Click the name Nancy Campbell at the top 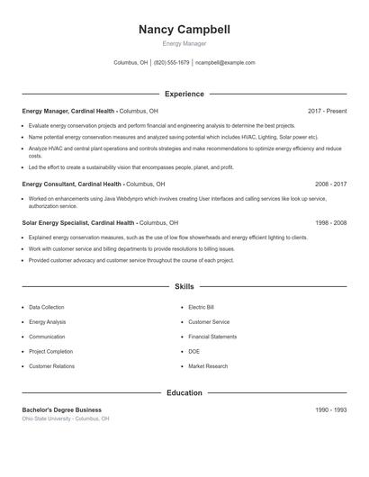[184, 30]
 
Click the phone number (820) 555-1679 [171, 63]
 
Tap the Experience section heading [184, 94]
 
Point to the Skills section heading [184, 286]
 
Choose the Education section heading [184, 392]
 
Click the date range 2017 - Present [327, 111]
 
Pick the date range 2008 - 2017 [330, 184]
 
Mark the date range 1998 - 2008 [330, 222]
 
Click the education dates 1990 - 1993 [330, 409]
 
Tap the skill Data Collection [47, 307]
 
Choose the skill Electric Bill [201, 307]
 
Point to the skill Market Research [207, 366]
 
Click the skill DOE [193, 352]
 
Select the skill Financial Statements [212, 337]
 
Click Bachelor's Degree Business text [62, 409]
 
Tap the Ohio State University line [66, 418]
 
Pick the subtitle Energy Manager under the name [184, 43]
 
